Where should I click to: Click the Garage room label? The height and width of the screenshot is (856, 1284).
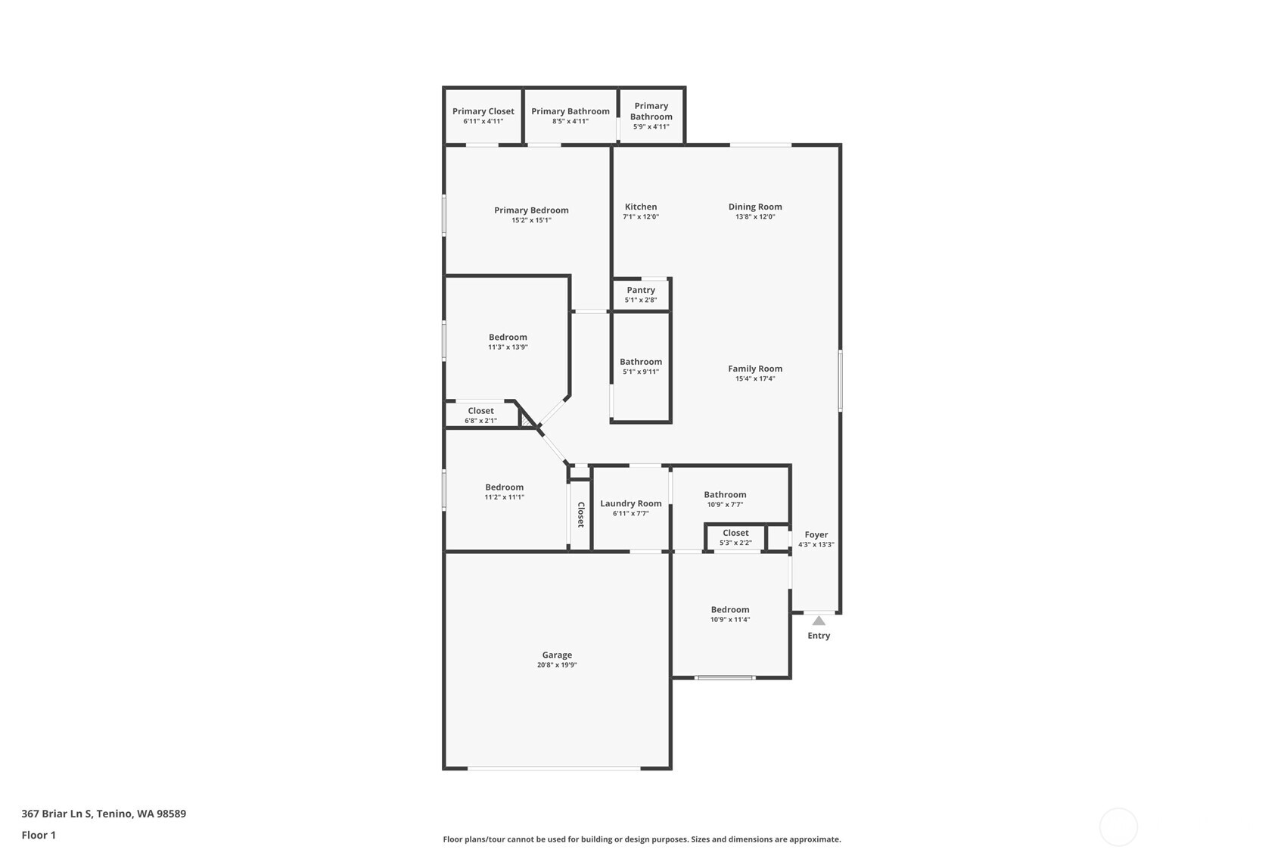point(557,655)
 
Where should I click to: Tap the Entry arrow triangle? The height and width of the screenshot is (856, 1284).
point(819,621)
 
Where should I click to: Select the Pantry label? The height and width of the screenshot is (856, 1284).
point(641,290)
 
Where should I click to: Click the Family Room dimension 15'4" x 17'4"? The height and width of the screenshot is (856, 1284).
point(755,378)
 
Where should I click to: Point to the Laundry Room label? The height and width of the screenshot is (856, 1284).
point(631,503)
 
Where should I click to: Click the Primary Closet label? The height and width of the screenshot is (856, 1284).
point(483,111)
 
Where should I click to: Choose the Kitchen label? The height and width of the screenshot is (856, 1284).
point(641,207)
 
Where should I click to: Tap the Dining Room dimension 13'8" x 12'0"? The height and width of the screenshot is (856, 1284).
point(755,216)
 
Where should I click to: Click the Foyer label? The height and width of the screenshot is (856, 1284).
point(816,534)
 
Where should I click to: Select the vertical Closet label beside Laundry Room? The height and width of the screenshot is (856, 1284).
point(581,515)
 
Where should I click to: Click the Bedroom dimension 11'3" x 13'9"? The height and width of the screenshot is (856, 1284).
point(508,347)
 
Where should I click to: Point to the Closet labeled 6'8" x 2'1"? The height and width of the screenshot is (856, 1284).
point(480,411)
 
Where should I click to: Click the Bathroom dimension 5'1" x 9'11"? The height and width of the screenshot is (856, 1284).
point(641,372)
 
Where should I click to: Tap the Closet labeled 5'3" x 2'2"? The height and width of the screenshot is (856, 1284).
point(735,533)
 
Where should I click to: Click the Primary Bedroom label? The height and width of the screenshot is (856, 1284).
point(531,210)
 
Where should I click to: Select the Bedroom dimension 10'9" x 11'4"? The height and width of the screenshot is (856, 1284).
point(730,619)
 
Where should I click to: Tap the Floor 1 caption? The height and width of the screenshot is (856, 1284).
point(39,835)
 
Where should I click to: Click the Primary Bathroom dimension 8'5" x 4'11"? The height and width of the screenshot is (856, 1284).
point(570,121)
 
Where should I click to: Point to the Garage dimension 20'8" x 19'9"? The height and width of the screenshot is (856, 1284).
point(557,665)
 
